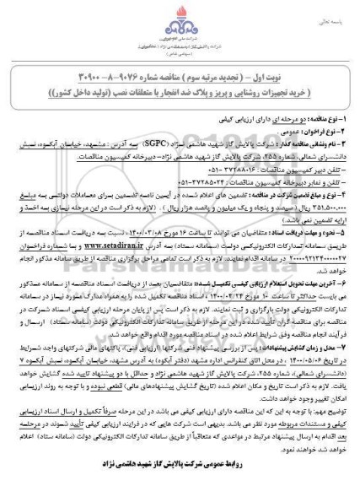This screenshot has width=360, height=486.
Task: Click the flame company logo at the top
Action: (x=180, y=19)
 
